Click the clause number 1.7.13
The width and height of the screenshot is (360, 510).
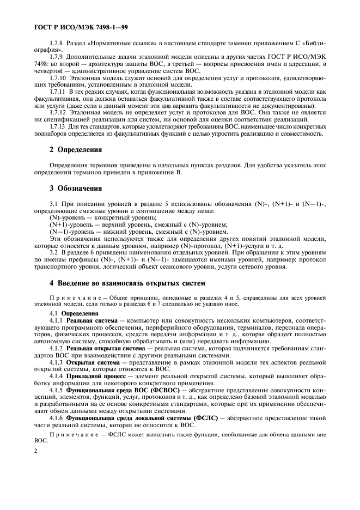click(x=59, y=141)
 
